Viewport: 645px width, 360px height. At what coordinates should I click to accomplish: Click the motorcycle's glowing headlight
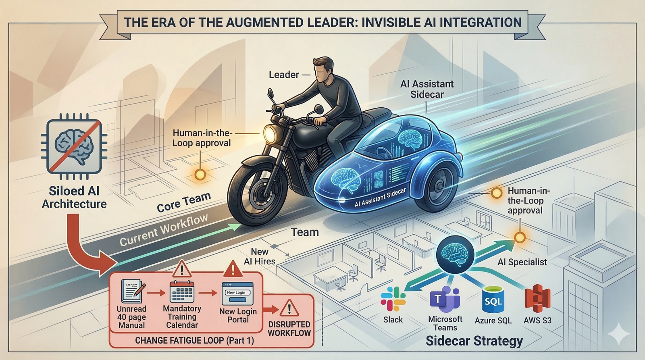[x=270, y=133]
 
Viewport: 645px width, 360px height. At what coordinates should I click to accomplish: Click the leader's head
[x=323, y=70]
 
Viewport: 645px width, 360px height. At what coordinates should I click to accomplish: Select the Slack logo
[x=393, y=299]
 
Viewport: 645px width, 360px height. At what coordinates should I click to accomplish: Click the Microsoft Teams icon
[x=445, y=299]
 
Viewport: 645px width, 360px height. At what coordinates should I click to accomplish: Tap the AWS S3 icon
[x=537, y=299]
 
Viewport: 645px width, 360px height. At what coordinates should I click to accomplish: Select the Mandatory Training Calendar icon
[x=182, y=291]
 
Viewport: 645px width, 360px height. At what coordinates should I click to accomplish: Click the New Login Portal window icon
[x=237, y=293]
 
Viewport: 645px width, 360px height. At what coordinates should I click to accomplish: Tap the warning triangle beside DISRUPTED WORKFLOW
[x=289, y=308]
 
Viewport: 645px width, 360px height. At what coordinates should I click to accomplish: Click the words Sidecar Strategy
[x=474, y=341]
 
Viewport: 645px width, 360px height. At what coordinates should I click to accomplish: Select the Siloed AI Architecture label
[x=74, y=197]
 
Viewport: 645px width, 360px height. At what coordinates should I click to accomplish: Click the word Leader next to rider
[x=284, y=75]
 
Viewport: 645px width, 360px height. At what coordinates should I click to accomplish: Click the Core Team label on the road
[x=184, y=202]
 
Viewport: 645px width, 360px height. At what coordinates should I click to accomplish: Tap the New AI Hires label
[x=260, y=256]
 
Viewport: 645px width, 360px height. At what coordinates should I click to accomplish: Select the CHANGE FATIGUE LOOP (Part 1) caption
[x=194, y=340]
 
